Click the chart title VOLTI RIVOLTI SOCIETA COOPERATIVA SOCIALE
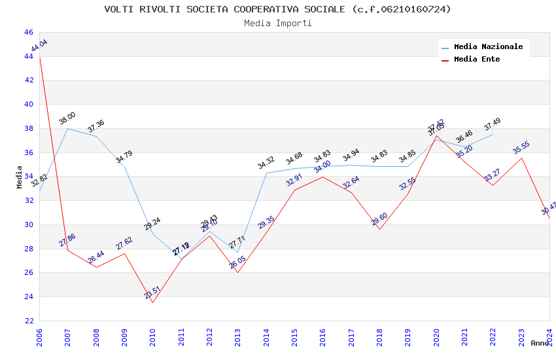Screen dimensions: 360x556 tap(277, 9)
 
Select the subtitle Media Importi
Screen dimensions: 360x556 tap(277, 23)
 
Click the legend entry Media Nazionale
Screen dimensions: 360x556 tap(488, 47)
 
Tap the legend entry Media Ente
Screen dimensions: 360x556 tap(477, 59)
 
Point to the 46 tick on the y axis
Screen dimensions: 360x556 tap(28, 32)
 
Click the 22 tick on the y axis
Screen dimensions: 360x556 tap(28, 321)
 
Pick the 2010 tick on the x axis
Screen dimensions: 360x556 tap(152, 336)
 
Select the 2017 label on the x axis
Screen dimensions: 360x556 tap(351, 336)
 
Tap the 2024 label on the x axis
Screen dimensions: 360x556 tap(549, 336)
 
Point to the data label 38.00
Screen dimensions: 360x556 tap(67, 118)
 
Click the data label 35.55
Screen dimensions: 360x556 tap(521, 148)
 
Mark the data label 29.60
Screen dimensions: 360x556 tap(379, 219)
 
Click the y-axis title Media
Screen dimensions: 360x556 tap(20, 177)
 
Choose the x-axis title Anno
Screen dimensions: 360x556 tap(540, 343)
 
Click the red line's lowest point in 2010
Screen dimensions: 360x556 tap(152, 302)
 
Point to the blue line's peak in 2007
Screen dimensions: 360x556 tap(67, 128)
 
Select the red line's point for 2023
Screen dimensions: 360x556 tap(521, 158)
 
